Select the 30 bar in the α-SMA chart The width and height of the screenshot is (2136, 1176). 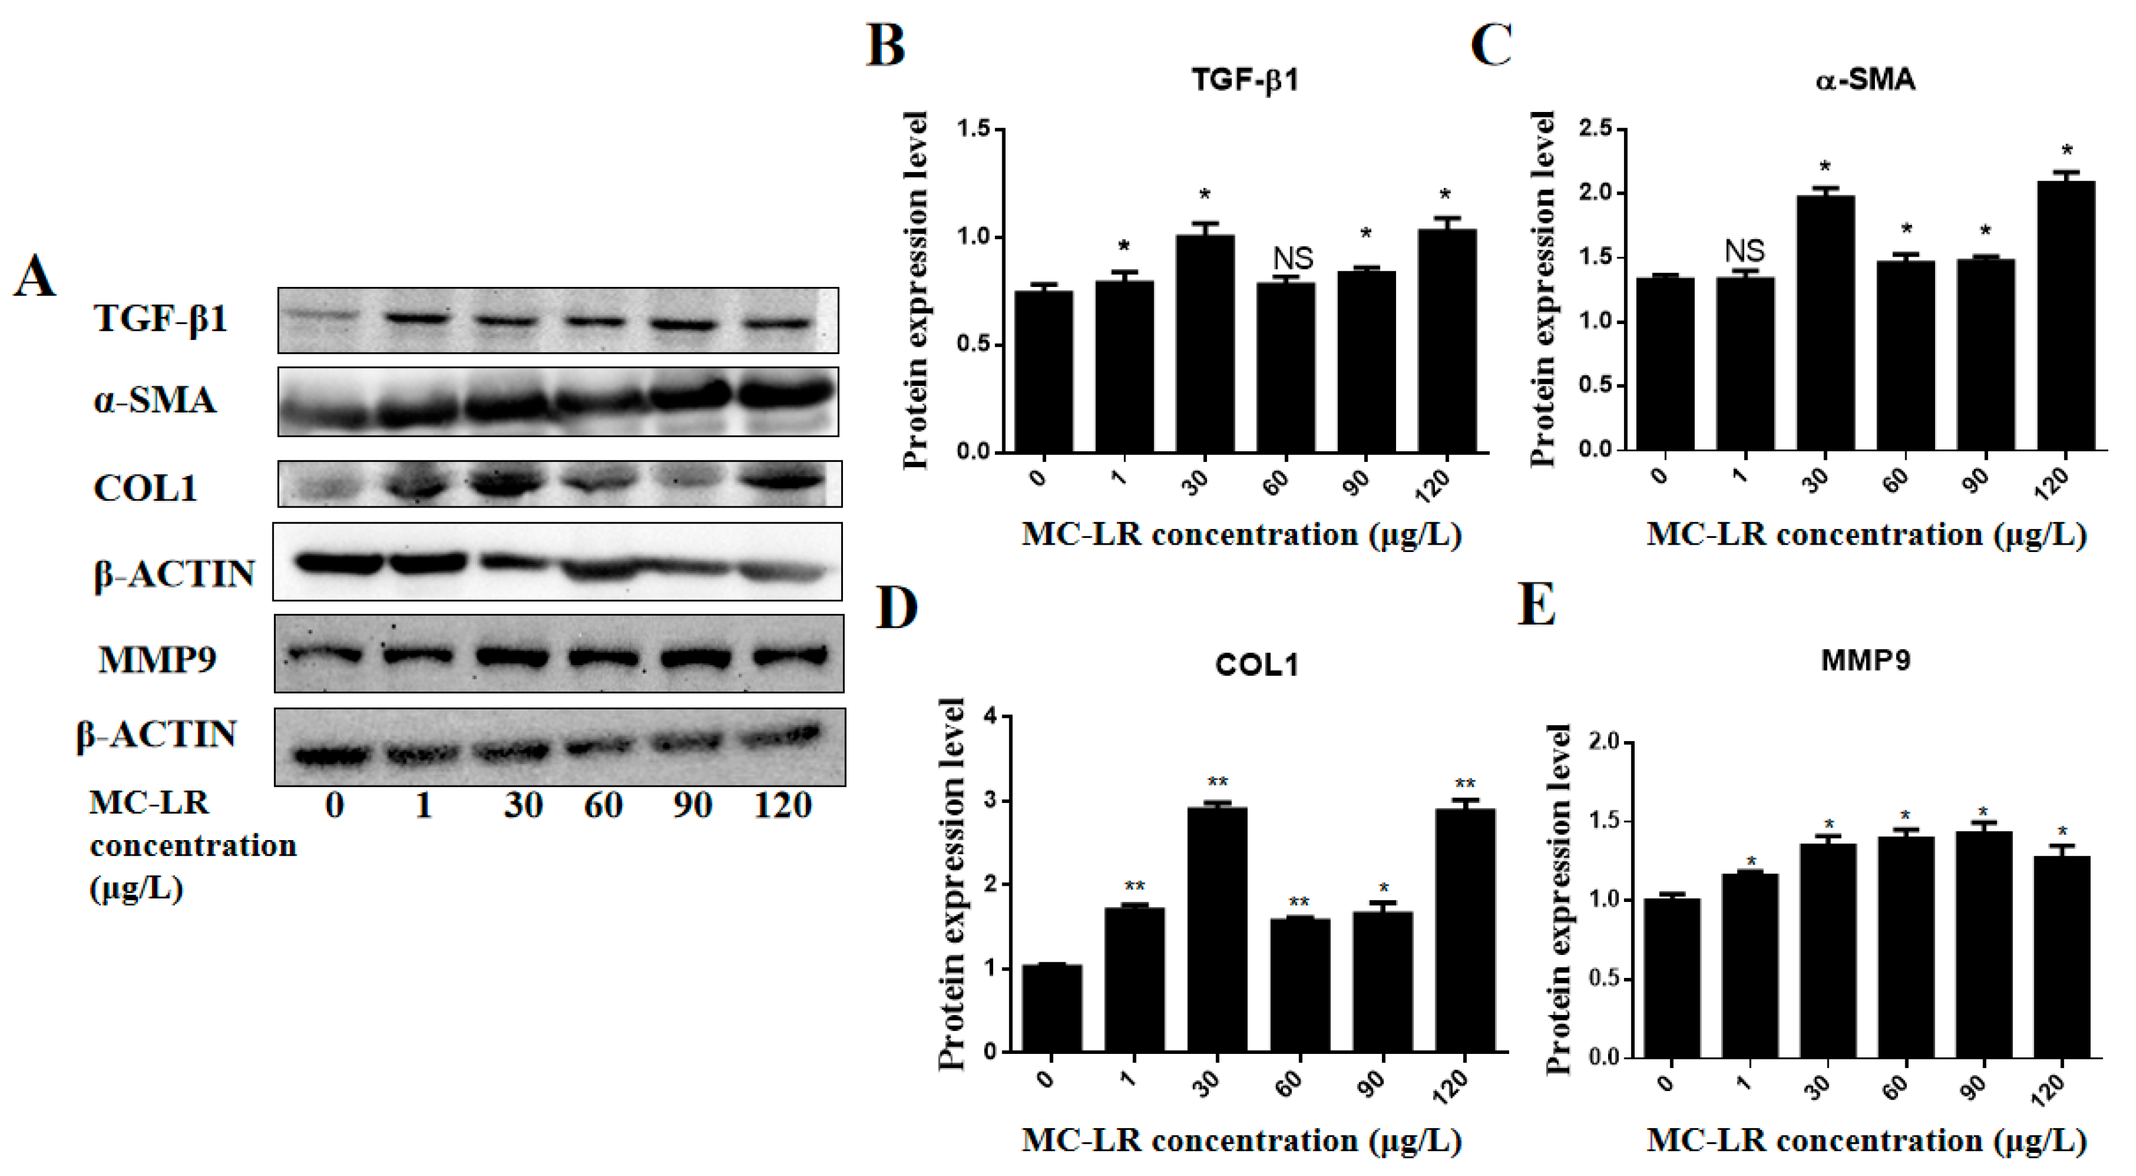1825,324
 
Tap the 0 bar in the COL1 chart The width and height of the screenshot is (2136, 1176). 1052,1008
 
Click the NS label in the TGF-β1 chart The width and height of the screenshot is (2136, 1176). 1293,259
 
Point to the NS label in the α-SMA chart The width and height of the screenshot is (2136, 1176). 1744,250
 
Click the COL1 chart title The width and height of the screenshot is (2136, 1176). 1257,665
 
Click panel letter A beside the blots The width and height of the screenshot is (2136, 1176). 35,276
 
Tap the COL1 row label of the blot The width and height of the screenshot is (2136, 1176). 145,488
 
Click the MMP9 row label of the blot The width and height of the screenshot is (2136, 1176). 158,660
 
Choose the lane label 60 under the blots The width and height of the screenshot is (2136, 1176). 603,805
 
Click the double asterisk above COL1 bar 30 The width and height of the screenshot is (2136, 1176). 1217,782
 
